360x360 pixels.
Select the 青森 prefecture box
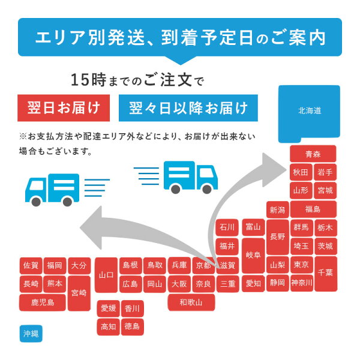pyautogui.click(x=313, y=154)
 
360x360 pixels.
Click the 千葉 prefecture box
pyautogui.click(x=326, y=274)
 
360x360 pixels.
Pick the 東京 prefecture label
pyautogui.click(x=301, y=265)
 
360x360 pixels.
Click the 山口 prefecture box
pyautogui.click(x=106, y=274)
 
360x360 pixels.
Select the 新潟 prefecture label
pyautogui.click(x=277, y=209)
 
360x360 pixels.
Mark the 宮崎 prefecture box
pyautogui.click(x=79, y=293)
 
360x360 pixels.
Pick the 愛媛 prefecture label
pyautogui.click(x=109, y=308)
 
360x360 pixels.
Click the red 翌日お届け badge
pyautogui.click(x=65, y=109)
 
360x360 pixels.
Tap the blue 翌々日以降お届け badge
pyautogui.click(x=188, y=109)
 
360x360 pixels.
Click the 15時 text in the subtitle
pyautogui.click(x=83, y=79)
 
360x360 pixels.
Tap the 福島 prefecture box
pyautogui.click(x=313, y=209)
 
